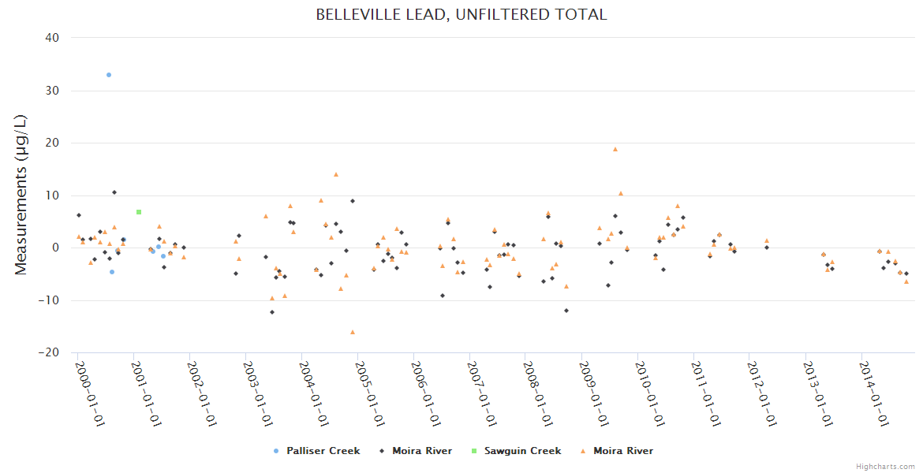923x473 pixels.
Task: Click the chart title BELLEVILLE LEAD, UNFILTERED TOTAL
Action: pos(461,15)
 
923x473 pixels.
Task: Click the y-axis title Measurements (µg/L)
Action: pos(21,195)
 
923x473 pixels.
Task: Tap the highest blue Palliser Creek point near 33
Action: pos(109,75)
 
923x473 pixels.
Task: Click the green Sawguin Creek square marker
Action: pos(139,212)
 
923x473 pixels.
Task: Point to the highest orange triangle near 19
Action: pos(615,149)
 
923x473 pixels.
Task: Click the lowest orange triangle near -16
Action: pos(353,332)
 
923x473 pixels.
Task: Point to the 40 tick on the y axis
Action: pos(51,38)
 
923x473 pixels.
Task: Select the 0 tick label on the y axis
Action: pos(55,248)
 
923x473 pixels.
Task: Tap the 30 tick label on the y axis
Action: pos(51,91)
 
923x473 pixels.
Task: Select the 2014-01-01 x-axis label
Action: pos(875,393)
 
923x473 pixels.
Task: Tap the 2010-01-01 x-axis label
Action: pos(651,393)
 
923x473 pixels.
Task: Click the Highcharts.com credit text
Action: pos(885,467)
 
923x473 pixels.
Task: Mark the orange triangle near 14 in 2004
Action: pos(335,174)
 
